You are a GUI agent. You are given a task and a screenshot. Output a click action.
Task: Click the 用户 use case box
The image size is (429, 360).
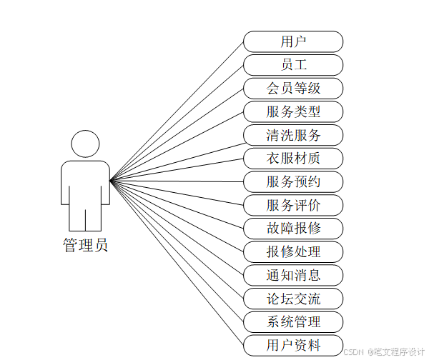pyautogui.click(x=293, y=41)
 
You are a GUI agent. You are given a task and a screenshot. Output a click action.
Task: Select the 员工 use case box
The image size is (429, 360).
pyautogui.click(x=293, y=65)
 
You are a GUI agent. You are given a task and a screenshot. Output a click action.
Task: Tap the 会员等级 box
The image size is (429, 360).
pyautogui.click(x=293, y=89)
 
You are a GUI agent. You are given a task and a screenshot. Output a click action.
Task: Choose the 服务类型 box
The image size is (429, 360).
pyautogui.click(x=293, y=111)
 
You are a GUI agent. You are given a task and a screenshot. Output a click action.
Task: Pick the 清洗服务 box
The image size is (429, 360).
pyautogui.click(x=293, y=135)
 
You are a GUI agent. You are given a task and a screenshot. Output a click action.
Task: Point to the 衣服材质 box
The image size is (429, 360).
pyautogui.click(x=293, y=159)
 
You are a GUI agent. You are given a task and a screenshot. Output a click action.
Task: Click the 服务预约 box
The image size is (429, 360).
pyautogui.click(x=293, y=181)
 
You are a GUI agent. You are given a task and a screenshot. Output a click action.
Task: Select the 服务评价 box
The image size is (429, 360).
pyautogui.click(x=293, y=205)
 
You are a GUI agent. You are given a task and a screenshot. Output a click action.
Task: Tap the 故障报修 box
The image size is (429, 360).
pyautogui.click(x=293, y=229)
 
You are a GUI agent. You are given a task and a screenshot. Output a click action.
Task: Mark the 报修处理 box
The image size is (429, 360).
pyautogui.click(x=293, y=251)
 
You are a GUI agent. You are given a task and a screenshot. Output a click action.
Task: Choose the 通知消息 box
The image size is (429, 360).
pyautogui.click(x=293, y=275)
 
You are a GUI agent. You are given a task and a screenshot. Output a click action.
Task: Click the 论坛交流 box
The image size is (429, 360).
pyautogui.click(x=293, y=299)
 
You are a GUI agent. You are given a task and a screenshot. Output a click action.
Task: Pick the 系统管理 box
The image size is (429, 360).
pyautogui.click(x=293, y=321)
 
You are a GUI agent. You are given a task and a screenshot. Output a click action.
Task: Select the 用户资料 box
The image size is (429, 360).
pyautogui.click(x=293, y=345)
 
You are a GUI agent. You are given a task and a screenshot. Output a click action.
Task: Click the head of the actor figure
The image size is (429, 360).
pyautogui.click(x=86, y=144)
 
